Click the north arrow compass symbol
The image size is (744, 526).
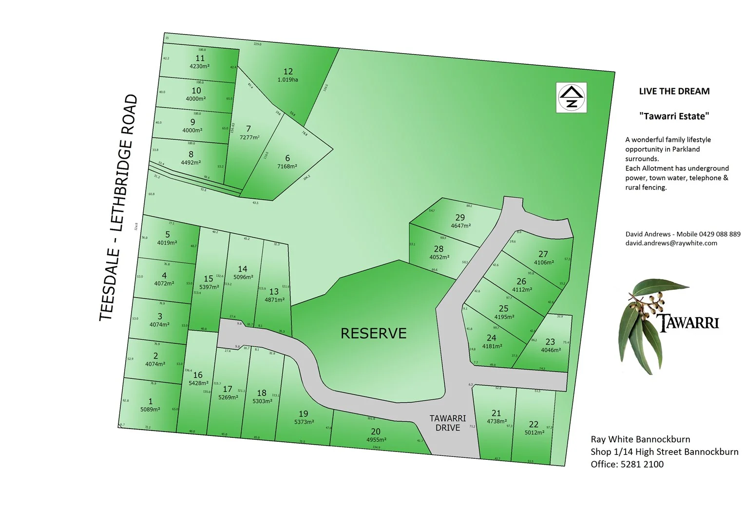click(572, 97)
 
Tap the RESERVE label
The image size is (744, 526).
click(373, 334)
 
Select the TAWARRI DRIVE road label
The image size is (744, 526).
click(448, 423)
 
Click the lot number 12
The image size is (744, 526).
click(288, 71)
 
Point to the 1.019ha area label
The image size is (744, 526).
click(287, 80)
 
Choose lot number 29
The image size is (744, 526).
click(460, 217)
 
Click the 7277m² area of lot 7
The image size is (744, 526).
click(249, 138)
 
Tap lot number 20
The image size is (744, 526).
click(375, 432)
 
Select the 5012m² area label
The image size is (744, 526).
click(534, 432)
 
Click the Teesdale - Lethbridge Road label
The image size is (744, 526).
click(118, 208)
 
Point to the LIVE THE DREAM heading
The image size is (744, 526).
click(674, 91)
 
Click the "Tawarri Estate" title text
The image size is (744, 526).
click(674, 116)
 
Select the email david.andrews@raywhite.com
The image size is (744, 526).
click(671, 243)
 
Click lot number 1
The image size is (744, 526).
click(151, 401)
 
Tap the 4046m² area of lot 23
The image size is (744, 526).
click(551, 350)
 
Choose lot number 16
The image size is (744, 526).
click(198, 375)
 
